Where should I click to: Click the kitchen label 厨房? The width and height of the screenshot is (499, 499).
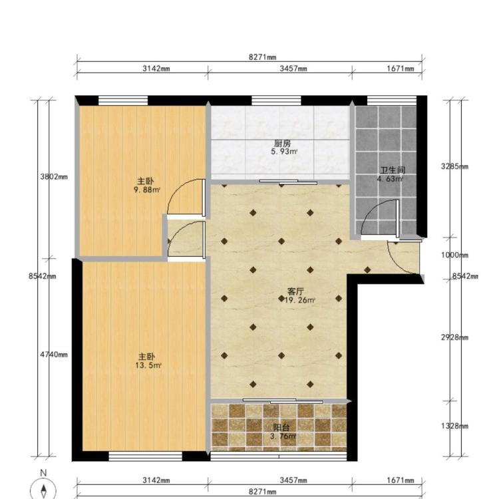click(x=282, y=143)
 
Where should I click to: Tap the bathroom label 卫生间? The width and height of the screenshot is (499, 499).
click(x=393, y=170)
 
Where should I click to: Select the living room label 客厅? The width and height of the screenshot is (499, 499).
click(x=295, y=291)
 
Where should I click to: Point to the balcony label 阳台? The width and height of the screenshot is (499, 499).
click(x=281, y=428)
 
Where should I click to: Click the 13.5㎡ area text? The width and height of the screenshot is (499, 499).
click(x=148, y=365)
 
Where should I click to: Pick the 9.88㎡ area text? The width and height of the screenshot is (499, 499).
click(x=147, y=190)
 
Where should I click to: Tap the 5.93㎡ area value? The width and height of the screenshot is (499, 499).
click(x=284, y=152)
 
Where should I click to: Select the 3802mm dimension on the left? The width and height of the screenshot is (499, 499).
click(x=54, y=176)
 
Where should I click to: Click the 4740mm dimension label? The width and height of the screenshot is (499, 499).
click(x=54, y=354)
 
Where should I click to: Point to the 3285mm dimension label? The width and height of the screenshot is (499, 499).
click(x=454, y=166)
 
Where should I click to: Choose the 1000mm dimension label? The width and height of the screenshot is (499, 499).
click(x=454, y=255)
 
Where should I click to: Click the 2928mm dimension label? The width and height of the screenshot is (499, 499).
click(x=454, y=337)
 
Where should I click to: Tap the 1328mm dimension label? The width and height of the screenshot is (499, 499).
click(x=454, y=426)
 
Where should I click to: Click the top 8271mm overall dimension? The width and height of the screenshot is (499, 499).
click(x=263, y=57)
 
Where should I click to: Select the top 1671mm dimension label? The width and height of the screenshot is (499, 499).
click(x=401, y=69)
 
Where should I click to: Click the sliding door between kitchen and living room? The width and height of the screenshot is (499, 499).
click(x=288, y=182)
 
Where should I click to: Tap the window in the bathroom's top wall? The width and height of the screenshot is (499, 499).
click(x=392, y=100)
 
